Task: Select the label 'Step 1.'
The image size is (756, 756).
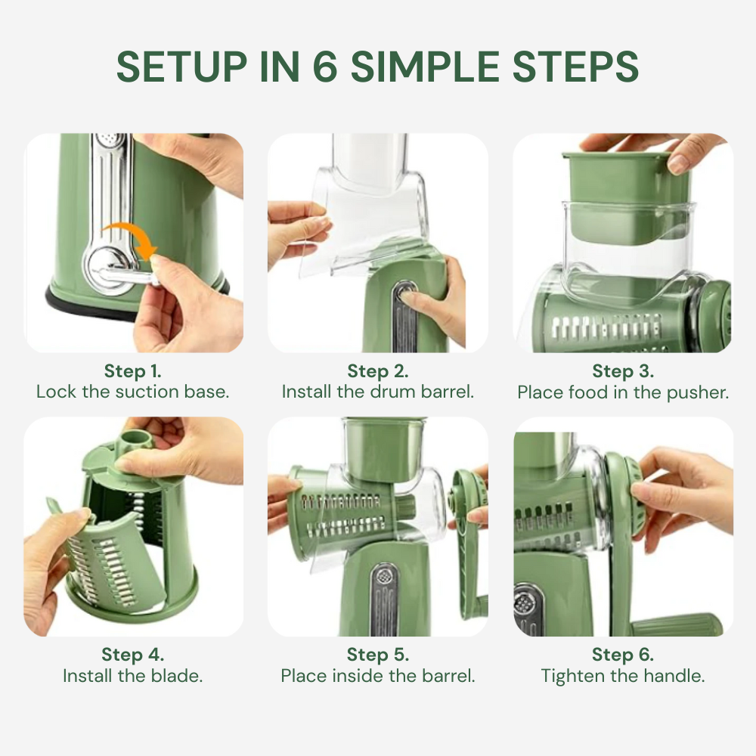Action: pos(133,371)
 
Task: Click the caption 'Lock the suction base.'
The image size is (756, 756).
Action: pos(133,392)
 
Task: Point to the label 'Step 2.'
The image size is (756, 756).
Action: pos(378,371)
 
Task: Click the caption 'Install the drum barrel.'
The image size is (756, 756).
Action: pos(378,392)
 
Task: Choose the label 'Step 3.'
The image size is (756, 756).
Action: pos(623,371)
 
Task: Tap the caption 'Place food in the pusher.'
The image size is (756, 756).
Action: pos(623,392)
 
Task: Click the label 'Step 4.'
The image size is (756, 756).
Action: pos(133,654)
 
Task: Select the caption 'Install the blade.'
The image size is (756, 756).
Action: pos(133,675)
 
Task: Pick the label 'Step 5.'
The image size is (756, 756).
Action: pos(378,654)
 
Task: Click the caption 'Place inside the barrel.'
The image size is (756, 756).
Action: pos(378,675)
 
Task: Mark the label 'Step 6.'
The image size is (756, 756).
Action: pos(623,654)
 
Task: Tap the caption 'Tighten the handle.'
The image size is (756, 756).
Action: pos(623,675)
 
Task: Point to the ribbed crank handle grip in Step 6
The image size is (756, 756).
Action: pos(677,625)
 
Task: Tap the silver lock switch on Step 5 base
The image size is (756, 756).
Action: pos(385,597)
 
